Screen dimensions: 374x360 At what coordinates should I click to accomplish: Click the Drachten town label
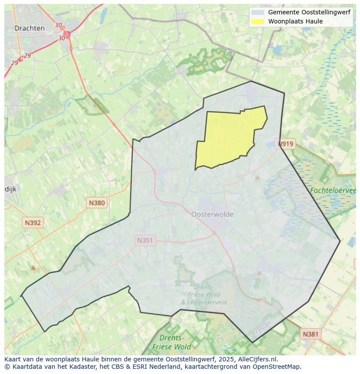30,28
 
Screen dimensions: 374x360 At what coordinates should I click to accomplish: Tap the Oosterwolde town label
212,214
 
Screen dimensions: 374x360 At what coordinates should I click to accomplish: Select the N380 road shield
97,202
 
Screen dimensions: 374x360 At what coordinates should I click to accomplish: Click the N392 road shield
33,223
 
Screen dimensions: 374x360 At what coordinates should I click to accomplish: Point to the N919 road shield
286,144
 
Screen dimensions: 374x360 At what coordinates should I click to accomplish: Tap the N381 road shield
310,334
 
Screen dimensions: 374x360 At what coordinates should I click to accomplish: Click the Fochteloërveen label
333,190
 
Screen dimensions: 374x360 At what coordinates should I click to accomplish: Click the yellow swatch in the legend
258,21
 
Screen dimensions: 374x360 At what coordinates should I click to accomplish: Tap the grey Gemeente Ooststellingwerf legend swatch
258,13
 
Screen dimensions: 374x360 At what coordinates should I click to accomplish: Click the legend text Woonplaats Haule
295,21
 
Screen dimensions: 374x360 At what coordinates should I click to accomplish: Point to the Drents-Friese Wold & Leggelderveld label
203,295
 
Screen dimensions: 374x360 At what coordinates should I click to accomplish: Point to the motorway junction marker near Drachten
67,34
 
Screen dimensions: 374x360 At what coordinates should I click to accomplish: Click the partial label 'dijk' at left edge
10,189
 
